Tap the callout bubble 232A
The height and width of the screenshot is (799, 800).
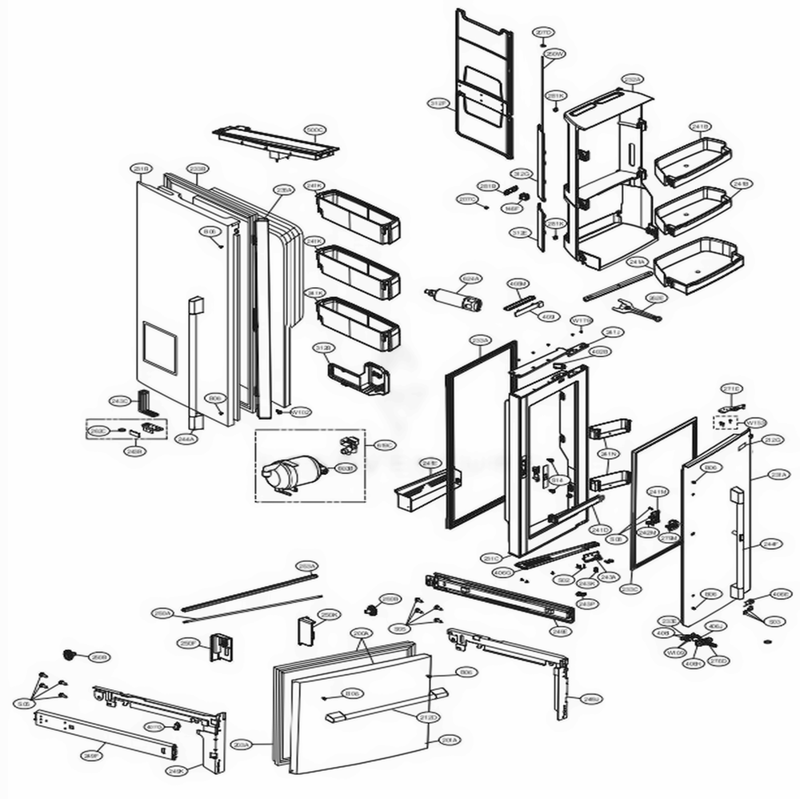tap(632, 79)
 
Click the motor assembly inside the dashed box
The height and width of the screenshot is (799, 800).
tap(285, 472)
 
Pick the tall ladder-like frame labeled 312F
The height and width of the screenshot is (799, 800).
tap(480, 88)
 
